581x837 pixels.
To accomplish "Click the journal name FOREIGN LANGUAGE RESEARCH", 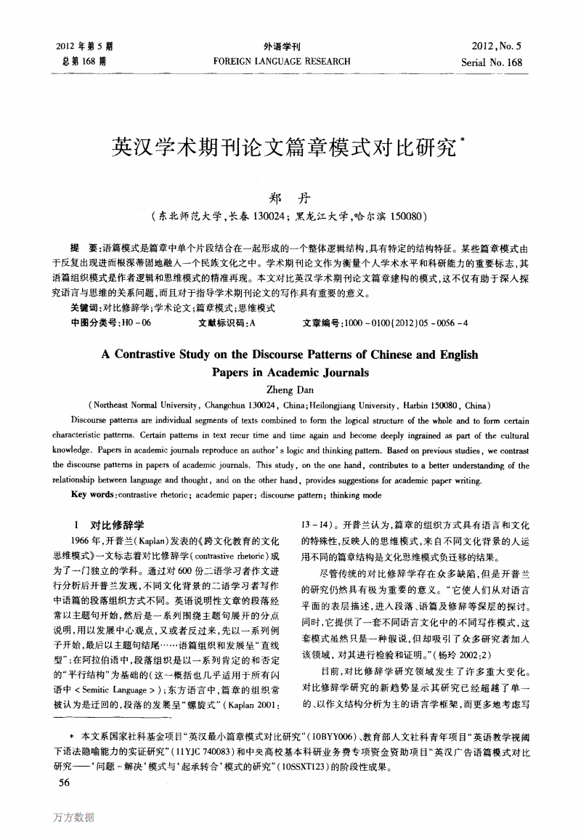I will tap(282, 62).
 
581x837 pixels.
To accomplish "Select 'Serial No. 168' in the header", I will tap(492, 62).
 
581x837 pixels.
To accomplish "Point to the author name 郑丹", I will tap(283, 198).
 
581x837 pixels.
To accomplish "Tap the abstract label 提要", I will tap(82, 248).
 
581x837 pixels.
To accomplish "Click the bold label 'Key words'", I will tap(93, 495).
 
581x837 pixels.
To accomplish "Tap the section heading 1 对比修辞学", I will tap(109, 525).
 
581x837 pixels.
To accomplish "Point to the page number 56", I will tap(63, 782).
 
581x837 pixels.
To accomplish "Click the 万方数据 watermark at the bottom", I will tap(73, 817).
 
